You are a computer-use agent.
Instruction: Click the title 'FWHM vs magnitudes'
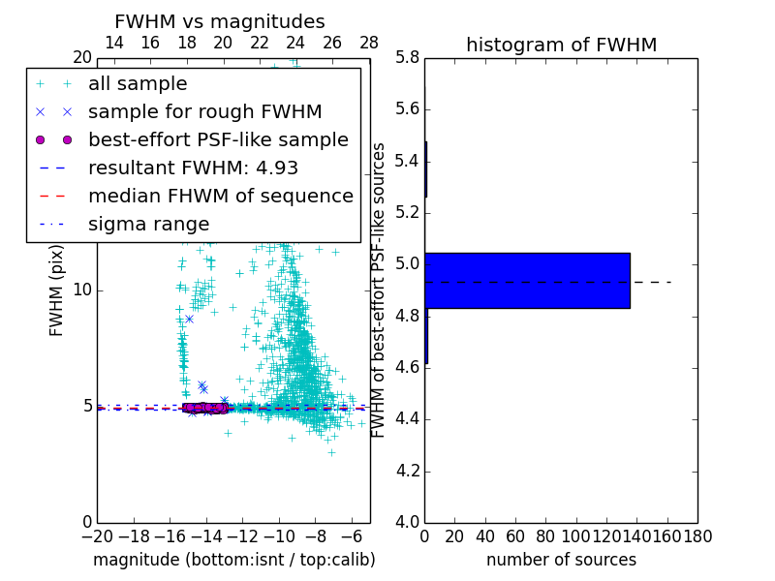coord(219,21)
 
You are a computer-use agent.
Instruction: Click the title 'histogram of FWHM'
coord(561,45)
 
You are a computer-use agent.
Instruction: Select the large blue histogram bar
coord(527,281)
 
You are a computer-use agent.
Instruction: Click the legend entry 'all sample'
coord(138,84)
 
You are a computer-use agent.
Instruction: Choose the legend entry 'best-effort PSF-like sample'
coord(218,139)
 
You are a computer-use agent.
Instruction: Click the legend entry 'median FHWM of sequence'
coord(220,196)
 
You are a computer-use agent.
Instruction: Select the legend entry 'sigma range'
coord(148,224)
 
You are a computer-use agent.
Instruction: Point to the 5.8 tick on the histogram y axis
coord(406,57)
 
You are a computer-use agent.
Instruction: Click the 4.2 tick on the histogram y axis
coord(406,472)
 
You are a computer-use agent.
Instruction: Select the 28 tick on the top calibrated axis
coord(369,43)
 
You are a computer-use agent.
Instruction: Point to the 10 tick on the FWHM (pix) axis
coord(82,290)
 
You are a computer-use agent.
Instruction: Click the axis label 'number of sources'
coord(561,560)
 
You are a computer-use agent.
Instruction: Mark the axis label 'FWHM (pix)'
coord(57,290)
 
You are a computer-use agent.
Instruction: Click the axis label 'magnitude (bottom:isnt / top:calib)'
coord(233,560)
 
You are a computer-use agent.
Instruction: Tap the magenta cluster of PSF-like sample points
coord(204,408)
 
